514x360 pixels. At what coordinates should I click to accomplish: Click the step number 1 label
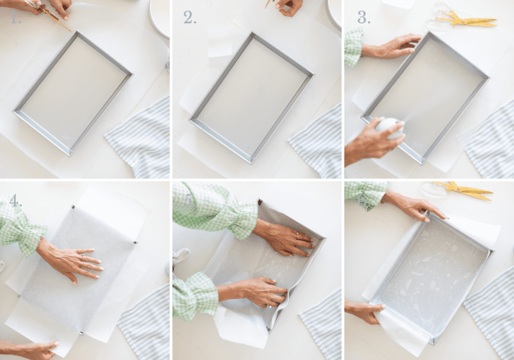(15, 17)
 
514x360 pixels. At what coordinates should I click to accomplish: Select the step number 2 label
(190, 17)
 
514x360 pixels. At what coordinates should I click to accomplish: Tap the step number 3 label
(364, 17)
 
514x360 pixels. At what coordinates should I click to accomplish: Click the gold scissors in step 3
(466, 19)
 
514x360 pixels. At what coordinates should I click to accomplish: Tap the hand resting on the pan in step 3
(392, 47)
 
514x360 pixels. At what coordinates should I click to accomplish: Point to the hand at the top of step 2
(289, 6)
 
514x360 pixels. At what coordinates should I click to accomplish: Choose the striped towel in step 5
(321, 325)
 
